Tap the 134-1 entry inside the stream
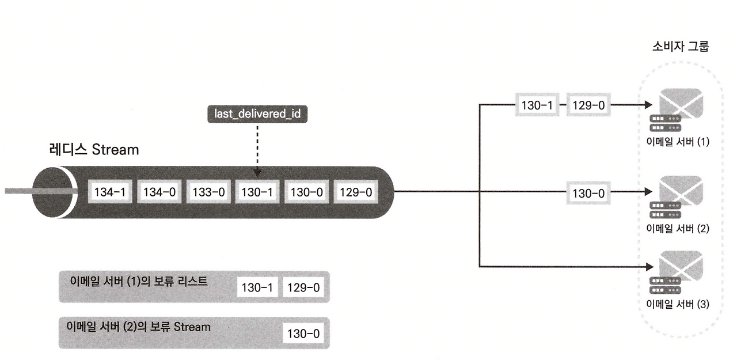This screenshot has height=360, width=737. click(x=111, y=192)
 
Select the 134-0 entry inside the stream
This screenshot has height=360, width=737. click(x=159, y=192)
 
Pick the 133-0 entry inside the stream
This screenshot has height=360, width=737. click(x=208, y=192)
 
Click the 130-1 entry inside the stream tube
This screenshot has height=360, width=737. click(x=257, y=192)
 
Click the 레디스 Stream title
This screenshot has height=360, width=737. click(x=94, y=150)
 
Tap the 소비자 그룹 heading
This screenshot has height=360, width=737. click(x=681, y=47)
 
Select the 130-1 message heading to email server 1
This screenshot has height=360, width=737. click(x=537, y=105)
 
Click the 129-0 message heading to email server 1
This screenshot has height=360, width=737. click(x=588, y=105)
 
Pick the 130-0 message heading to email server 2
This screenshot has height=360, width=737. click(x=588, y=192)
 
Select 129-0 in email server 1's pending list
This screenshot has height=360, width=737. click(x=303, y=287)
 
